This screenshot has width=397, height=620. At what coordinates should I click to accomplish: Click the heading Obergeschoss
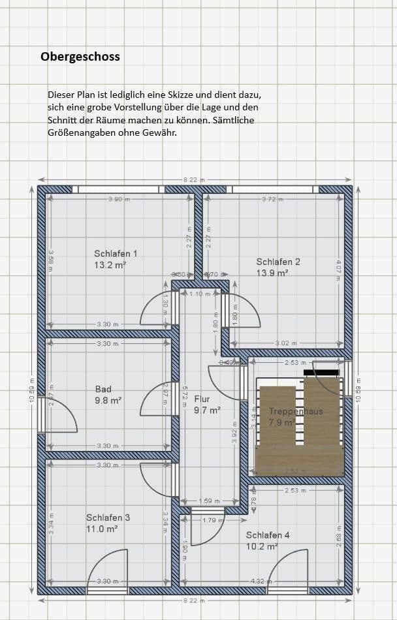[x=80, y=57]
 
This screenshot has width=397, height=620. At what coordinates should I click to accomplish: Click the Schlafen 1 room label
[x=116, y=254]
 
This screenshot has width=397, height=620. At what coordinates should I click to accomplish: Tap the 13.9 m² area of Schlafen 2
[x=272, y=273]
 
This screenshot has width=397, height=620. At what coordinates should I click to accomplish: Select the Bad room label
[x=103, y=390]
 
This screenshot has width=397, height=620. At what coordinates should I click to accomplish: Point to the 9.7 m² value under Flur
[x=206, y=411]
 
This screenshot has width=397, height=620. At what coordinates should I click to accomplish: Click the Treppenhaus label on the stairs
[x=296, y=412]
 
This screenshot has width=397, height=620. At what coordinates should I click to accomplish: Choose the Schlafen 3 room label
[x=108, y=518]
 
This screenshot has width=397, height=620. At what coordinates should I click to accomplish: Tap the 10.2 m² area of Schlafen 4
[x=262, y=547]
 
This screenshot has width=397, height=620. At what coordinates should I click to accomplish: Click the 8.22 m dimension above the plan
[x=194, y=179]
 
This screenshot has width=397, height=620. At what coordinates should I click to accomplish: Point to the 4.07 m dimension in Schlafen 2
[x=338, y=270]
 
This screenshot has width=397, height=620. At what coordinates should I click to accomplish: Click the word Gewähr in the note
[x=159, y=132]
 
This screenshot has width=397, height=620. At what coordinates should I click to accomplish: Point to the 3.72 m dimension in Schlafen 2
[x=272, y=198]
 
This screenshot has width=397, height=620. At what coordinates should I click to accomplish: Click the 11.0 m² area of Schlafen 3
[x=102, y=529]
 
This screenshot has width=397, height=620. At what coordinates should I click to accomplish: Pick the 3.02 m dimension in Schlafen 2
[x=285, y=343]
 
